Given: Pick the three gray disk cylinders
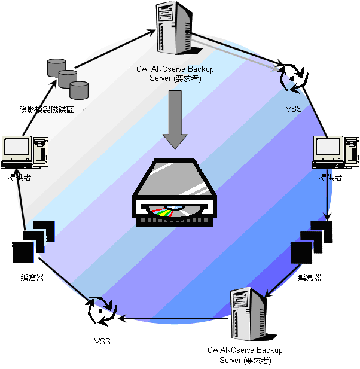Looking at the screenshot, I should click(68, 78).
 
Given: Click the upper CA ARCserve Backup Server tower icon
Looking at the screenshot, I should click(173, 28).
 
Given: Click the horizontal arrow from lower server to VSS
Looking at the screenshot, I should click(173, 318).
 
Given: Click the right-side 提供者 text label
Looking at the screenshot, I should click(330, 177).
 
